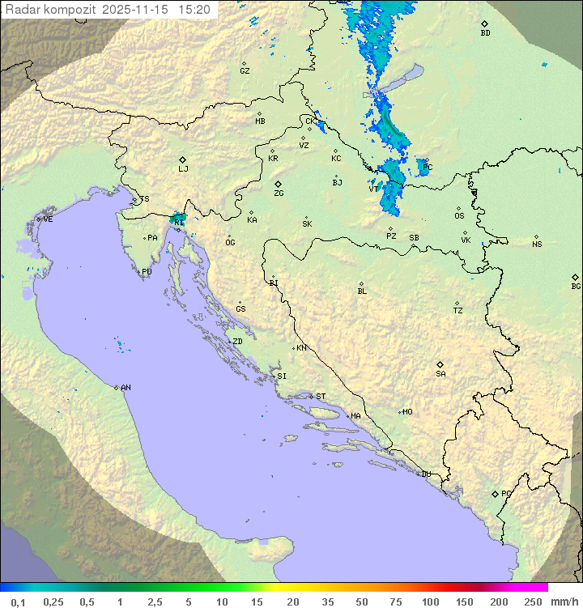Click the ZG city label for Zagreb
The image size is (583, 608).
tap(279, 193)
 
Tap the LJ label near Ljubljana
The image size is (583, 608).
tap(183, 169)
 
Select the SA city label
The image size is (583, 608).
tap(440, 374)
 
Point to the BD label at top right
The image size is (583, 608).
tap(485, 33)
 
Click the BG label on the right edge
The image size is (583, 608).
tap(576, 286)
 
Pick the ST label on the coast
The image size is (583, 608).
tap(321, 397)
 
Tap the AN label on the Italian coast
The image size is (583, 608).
tap(126, 388)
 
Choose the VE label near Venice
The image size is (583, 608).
tap(48, 219)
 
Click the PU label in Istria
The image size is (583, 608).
tap(147, 272)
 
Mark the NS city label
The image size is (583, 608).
tap(537, 244)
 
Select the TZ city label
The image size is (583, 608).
tap(458, 311)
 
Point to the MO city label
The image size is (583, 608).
tap(407, 412)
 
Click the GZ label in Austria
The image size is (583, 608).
tap(245, 71)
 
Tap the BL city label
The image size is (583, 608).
tap(362, 291)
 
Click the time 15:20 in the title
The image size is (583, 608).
tap(195, 10)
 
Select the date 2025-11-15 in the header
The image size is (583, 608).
tap(138, 10)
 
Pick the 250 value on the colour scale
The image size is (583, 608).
tap(533, 602)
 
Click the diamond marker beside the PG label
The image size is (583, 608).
tap(495, 493)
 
